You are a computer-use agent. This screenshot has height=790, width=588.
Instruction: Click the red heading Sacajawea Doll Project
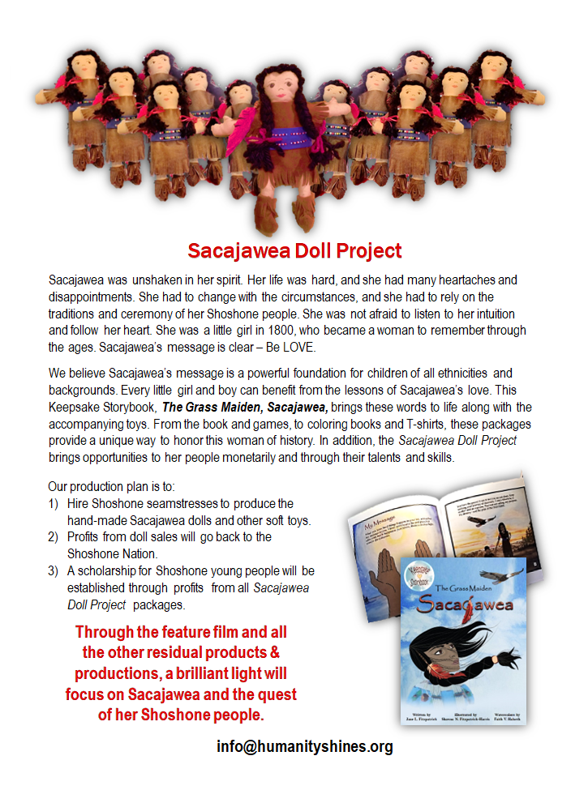pos(294,250)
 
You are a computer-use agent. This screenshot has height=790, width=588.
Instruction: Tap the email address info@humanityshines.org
pos(304,747)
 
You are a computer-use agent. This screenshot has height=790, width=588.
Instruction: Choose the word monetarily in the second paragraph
pos(257,458)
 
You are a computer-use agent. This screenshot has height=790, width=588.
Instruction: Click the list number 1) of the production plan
pos(54,504)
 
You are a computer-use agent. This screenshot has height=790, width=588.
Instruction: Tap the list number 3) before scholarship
pos(54,571)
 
